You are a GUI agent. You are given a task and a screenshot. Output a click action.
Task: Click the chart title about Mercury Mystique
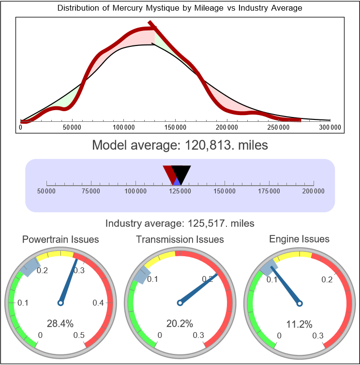tap(180, 8)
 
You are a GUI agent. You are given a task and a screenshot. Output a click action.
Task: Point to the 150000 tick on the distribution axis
tap(175, 127)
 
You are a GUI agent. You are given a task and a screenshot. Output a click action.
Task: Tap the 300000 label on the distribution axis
tap(330, 127)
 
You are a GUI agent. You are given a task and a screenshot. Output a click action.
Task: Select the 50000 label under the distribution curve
tap(72, 127)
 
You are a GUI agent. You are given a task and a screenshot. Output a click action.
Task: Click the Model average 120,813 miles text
tap(180, 145)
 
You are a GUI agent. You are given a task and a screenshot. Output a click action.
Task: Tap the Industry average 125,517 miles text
tap(180, 223)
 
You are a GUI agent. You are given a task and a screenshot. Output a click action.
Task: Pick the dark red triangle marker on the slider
tap(169, 173)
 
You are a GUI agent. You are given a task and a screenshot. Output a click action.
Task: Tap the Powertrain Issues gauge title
tap(60, 239)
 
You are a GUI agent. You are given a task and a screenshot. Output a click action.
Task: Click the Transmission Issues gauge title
tap(180, 239)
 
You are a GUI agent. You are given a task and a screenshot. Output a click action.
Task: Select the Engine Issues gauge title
tap(299, 239)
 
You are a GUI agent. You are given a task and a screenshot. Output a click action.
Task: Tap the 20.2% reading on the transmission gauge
tap(180, 323)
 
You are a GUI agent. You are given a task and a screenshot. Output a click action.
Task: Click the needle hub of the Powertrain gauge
tap(60, 303)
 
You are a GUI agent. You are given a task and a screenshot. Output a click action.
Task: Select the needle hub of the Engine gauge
tap(299, 303)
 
